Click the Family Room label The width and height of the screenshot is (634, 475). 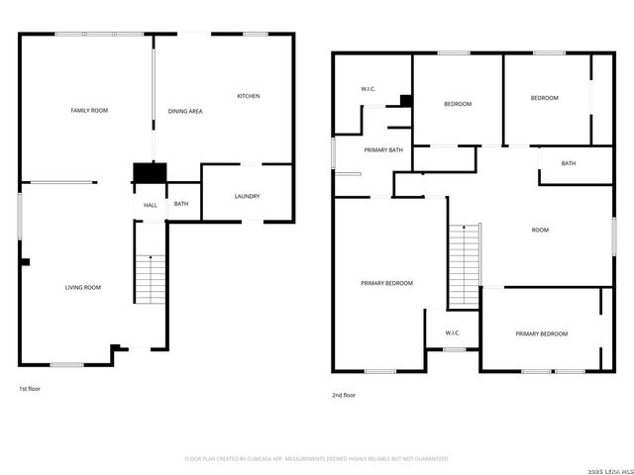[89, 110]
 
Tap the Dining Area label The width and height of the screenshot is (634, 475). [185, 112]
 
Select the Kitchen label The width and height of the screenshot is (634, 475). [248, 96]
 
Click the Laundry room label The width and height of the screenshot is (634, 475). [247, 196]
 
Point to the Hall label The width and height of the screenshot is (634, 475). [150, 205]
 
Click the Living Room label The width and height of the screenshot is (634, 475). [83, 287]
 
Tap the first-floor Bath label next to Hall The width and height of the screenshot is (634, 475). [181, 204]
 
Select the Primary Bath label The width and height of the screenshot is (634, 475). [382, 149]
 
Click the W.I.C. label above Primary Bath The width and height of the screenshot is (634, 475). [369, 90]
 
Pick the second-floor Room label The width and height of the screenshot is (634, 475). [540, 230]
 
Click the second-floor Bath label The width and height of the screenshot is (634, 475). [569, 163]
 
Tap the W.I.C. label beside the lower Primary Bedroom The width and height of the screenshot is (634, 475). [453, 332]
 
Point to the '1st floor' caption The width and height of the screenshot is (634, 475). [30, 389]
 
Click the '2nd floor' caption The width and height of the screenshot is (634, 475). [343, 395]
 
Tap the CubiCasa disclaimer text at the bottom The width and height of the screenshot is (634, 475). [317, 458]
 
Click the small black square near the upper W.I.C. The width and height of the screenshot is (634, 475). [405, 100]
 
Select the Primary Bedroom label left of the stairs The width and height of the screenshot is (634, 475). [386, 283]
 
